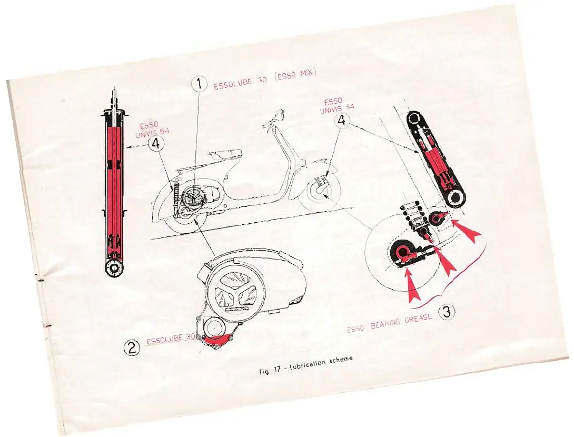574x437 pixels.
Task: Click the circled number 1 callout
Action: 199,84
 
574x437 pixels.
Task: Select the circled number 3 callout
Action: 446,312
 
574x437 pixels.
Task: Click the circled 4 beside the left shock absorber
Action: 156,143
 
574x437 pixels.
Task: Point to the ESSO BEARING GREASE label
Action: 390,323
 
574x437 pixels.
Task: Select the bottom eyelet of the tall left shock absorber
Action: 114,267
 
